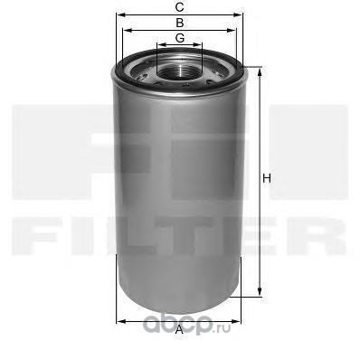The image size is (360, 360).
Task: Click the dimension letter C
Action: pos(179,8)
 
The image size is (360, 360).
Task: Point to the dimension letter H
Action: pos(266,179)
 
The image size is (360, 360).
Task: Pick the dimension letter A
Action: pos(179,330)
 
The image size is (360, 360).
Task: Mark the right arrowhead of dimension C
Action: pos(243,15)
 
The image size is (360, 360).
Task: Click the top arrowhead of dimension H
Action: pos(261,69)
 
